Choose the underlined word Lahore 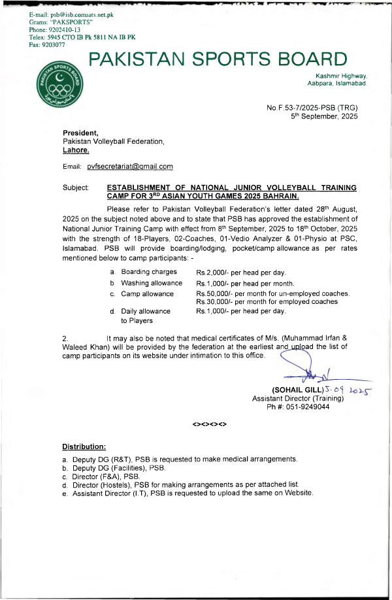pyautogui.click(x=76, y=150)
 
